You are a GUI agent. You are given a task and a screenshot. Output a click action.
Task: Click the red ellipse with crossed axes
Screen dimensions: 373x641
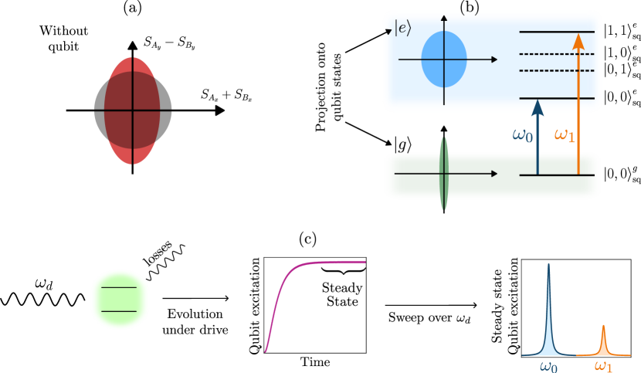(132, 110)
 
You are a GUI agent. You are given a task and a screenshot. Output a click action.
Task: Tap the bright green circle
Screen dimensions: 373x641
(120, 300)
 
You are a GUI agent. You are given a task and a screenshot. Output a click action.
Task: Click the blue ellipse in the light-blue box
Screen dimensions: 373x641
(444, 59)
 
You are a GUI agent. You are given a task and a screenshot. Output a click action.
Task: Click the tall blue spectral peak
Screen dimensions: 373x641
(549, 317)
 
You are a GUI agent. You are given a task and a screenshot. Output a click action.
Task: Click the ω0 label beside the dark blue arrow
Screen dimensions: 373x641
(523, 135)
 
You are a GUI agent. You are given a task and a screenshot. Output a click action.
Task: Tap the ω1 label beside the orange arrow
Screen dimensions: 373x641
(565, 135)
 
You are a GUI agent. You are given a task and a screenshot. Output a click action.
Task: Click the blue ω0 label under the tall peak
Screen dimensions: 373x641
(548, 366)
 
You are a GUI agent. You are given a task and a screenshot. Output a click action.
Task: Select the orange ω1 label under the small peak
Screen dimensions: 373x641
(603, 366)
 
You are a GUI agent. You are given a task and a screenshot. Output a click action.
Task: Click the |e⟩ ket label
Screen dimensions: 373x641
(402, 28)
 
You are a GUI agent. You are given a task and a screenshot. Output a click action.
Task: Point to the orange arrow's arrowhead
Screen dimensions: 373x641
(578, 41)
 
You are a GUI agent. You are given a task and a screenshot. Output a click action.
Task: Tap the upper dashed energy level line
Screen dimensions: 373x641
(557, 54)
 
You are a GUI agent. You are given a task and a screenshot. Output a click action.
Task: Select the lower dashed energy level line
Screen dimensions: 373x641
(557, 70)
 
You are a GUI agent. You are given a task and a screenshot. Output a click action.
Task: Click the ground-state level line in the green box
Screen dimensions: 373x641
(557, 175)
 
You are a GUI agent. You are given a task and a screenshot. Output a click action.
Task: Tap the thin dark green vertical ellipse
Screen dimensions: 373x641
(443, 174)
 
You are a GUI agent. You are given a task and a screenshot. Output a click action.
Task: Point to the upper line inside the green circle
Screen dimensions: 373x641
(120, 287)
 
